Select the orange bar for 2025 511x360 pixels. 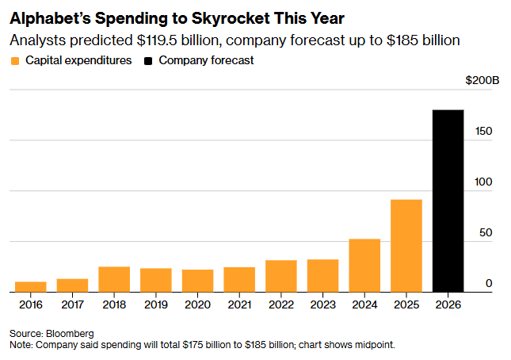[406, 246]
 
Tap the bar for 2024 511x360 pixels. [364, 266]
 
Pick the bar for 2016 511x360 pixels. [31, 287]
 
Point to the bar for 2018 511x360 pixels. [114, 279]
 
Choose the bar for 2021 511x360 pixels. [239, 280]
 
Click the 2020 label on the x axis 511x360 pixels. [197, 304]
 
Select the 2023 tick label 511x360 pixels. [322, 304]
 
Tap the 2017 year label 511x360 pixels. [73, 304]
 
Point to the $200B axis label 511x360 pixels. [482, 80]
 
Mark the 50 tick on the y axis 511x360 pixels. [488, 232]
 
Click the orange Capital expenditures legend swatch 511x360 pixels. [16, 61]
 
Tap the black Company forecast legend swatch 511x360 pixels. [147, 61]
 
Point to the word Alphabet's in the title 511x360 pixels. [48, 17]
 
